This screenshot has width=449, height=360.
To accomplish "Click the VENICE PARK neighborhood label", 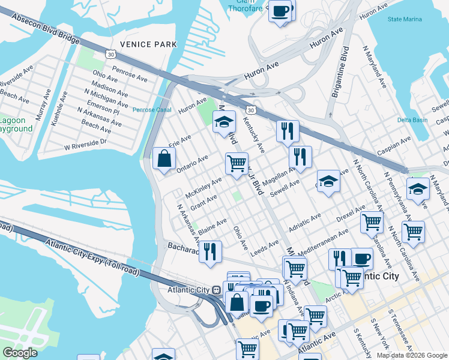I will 148,44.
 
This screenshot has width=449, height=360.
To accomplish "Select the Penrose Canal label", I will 151,110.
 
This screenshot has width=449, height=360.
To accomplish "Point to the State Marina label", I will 405,19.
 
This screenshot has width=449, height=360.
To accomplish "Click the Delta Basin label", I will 412,120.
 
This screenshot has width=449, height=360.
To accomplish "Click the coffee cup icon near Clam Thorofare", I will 280,11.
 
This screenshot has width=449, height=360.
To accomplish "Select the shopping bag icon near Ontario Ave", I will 164,159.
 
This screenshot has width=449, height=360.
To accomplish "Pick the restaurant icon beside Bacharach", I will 209,251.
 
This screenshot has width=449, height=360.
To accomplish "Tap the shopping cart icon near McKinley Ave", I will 237,162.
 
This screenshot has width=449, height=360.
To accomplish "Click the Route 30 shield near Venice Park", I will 109,55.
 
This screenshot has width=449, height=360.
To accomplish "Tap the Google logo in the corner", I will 20,353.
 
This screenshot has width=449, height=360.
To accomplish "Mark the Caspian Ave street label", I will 393,146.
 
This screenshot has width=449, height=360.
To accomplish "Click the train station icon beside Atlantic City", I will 215,289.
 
